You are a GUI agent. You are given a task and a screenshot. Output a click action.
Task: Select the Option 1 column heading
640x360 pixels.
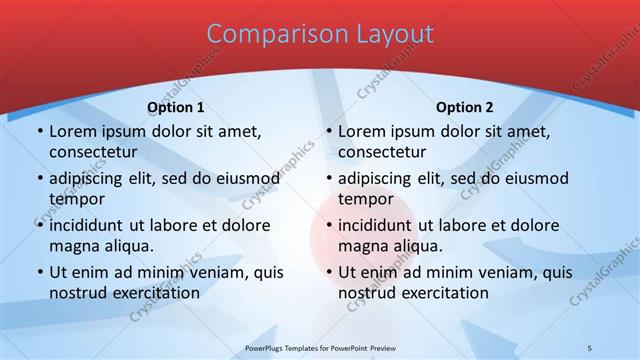click(x=176, y=107)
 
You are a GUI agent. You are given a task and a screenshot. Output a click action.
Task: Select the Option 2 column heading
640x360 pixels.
click(x=465, y=107)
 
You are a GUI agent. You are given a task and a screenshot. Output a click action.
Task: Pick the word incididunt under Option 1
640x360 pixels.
click(x=91, y=225)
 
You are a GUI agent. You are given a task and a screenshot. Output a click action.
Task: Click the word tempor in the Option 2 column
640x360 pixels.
click(x=365, y=199)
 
